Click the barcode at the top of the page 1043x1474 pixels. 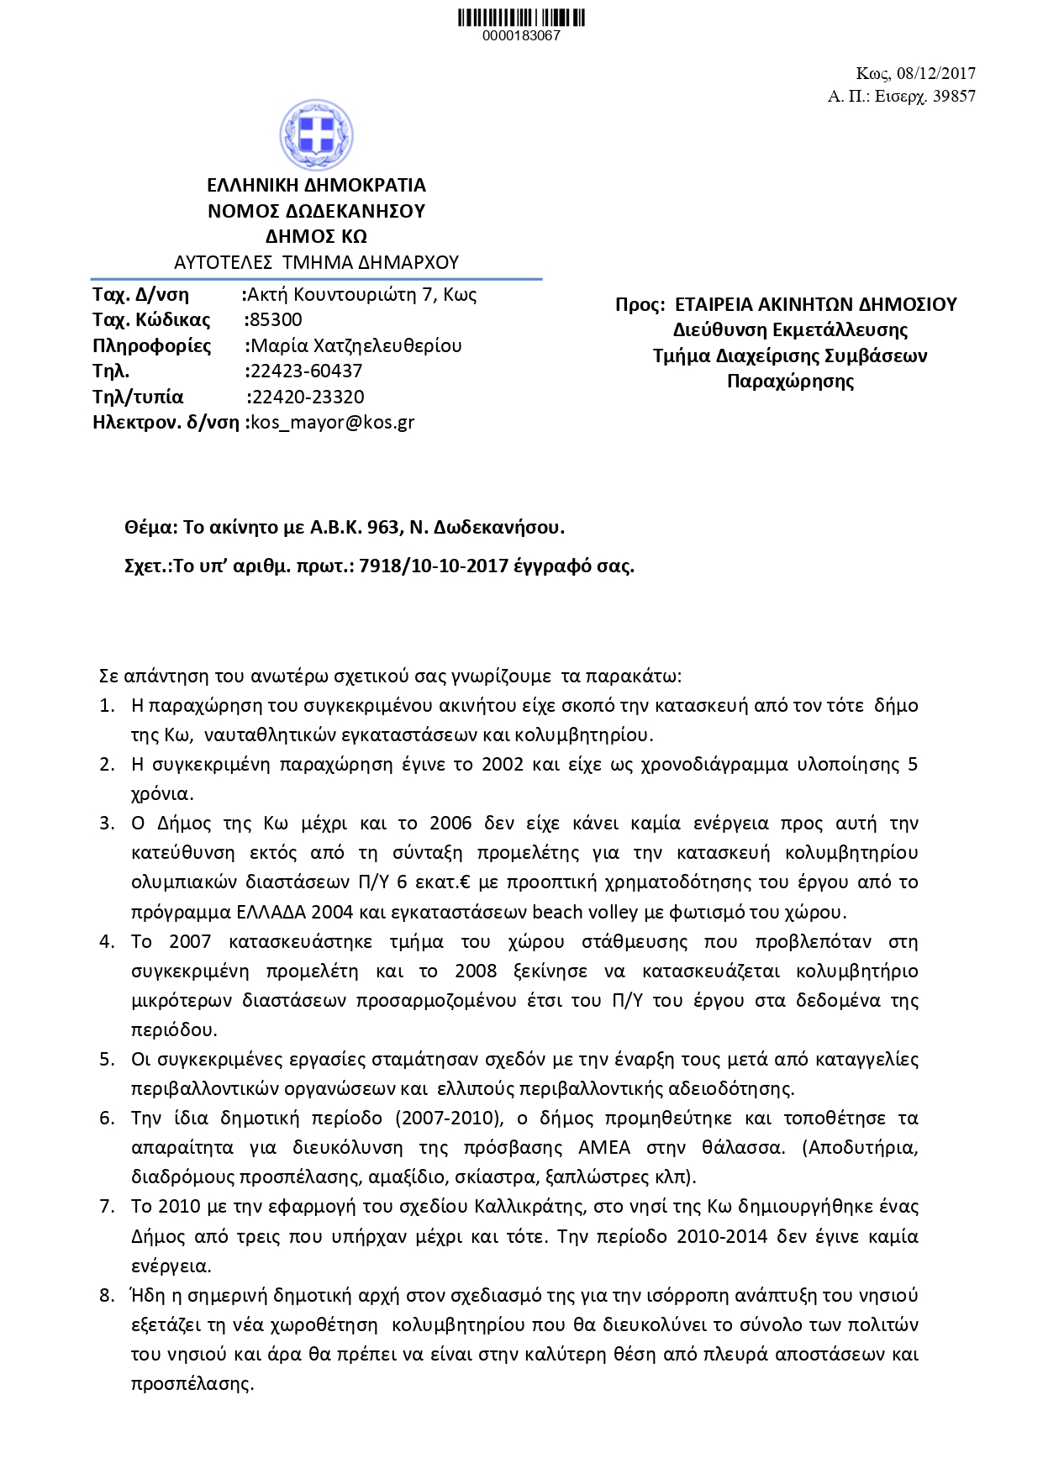[521, 17]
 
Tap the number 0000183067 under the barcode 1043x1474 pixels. [521, 36]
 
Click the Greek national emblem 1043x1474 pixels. [316, 134]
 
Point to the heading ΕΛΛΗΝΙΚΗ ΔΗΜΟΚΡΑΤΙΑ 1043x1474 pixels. [316, 185]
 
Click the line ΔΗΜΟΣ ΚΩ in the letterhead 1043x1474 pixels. [316, 236]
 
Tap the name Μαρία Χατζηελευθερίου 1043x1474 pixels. [356, 345]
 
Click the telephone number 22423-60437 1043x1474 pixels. [306, 371]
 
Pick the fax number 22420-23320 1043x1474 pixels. [308, 397]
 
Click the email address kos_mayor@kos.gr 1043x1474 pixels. [334, 422]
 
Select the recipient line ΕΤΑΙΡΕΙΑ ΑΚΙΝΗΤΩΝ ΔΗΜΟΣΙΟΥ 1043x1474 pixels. [816, 304]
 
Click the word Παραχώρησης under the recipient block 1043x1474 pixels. [790, 381]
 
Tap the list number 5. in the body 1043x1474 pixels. [107, 1059]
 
